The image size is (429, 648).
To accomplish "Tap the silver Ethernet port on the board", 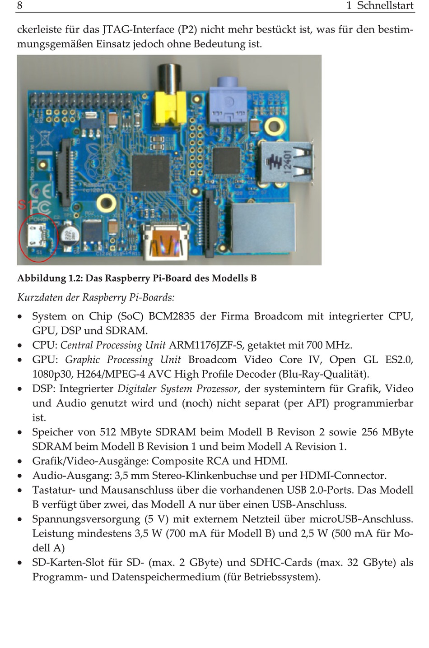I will tap(263, 228).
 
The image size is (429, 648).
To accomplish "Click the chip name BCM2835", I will tap(172, 316).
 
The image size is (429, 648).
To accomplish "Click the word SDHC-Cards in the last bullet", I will tap(281, 562).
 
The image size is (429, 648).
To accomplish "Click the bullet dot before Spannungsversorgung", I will tap(20, 519).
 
